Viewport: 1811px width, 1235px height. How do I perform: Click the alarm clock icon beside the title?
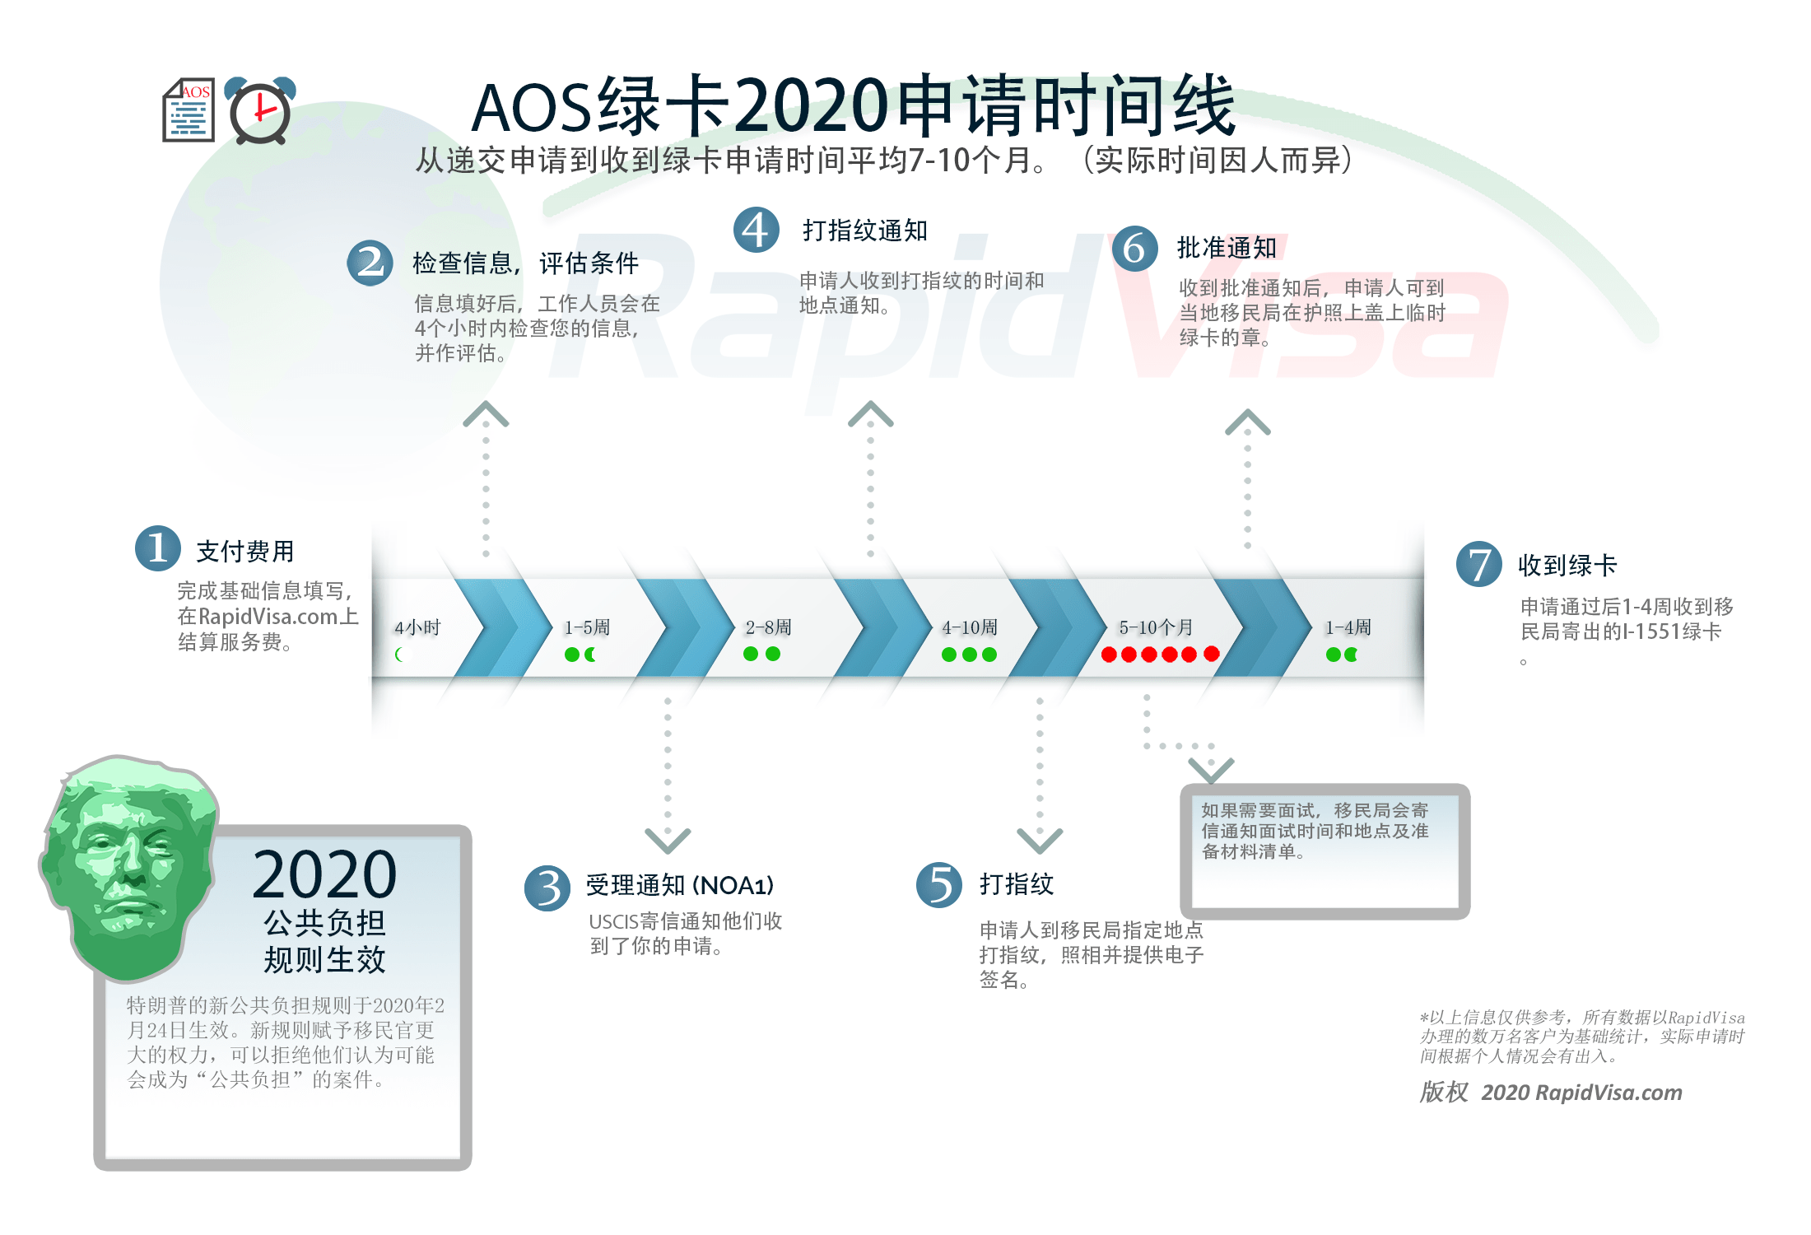pyautogui.click(x=260, y=112)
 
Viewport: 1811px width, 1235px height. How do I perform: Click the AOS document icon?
pyautogui.click(x=189, y=112)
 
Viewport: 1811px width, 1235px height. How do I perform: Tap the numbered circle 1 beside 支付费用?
pyautogui.click(x=158, y=548)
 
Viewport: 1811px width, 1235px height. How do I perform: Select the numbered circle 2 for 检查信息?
pyautogui.click(x=370, y=263)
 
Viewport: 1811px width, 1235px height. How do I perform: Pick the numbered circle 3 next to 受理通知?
pyautogui.click(x=547, y=888)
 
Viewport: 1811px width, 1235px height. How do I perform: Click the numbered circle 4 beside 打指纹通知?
pyautogui.click(x=756, y=231)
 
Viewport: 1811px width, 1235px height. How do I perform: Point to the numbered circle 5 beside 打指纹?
pyautogui.click(x=939, y=885)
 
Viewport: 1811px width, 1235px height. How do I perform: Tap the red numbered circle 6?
pyautogui.click(x=1134, y=248)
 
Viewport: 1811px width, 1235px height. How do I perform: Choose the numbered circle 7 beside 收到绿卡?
pyautogui.click(x=1479, y=564)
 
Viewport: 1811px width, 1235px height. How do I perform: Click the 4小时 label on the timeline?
pyautogui.click(x=417, y=628)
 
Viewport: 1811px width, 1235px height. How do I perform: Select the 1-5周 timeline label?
pyautogui.click(x=587, y=628)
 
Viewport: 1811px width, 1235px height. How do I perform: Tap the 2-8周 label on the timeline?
pyautogui.click(x=768, y=628)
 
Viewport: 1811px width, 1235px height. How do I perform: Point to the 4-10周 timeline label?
pyautogui.click(x=970, y=628)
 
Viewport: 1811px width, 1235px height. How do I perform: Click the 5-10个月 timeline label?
pyautogui.click(x=1156, y=628)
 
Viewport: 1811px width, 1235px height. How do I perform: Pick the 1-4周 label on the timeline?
pyautogui.click(x=1348, y=628)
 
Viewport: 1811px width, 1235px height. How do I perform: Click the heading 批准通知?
pyautogui.click(x=1227, y=248)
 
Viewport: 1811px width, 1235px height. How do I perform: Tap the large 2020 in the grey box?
pyautogui.click(x=324, y=874)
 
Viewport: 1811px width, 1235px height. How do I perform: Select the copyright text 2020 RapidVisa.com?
pyautogui.click(x=1581, y=1093)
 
